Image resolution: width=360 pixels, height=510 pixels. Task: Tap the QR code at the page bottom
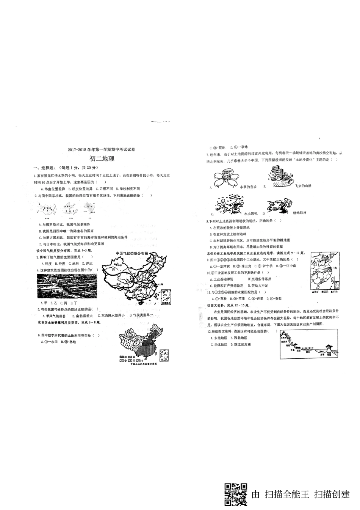236,494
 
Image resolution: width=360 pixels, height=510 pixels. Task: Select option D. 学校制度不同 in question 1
128,188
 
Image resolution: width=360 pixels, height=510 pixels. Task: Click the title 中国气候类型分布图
131,253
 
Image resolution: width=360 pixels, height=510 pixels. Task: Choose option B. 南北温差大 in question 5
83,315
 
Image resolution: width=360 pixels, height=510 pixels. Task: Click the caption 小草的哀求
248,187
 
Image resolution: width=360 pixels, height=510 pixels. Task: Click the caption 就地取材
299,213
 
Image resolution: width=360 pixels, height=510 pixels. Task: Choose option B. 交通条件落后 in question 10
259,279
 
